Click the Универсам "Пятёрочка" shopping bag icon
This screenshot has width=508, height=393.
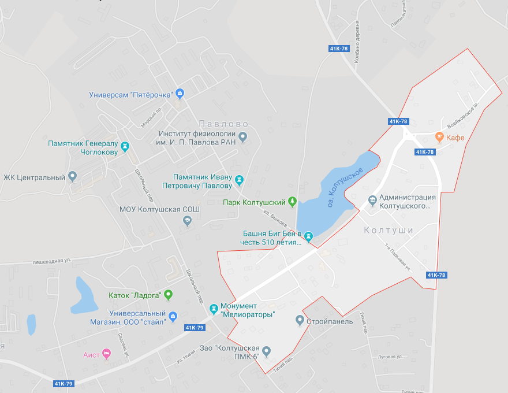coord(180,94)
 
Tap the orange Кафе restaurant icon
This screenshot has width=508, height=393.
coord(439,138)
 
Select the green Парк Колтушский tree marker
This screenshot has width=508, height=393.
coord(293,202)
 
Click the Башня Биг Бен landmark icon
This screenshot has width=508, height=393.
coord(308,236)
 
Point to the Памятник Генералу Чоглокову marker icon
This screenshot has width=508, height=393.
coord(125,147)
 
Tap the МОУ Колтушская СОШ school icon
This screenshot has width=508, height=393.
coord(187,220)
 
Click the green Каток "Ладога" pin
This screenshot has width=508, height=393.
coord(169,295)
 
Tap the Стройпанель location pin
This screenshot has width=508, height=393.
coord(300,320)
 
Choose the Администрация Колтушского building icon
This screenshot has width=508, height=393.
coord(372,201)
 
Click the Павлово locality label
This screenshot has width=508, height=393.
coord(223,124)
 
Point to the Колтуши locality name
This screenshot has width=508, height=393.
coord(389,231)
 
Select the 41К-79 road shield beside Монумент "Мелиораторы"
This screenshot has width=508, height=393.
coord(195,328)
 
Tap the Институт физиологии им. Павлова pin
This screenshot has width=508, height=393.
coord(243,138)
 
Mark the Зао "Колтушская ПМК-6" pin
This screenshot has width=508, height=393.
coord(266,351)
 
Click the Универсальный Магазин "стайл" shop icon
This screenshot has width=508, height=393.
coord(173,316)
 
